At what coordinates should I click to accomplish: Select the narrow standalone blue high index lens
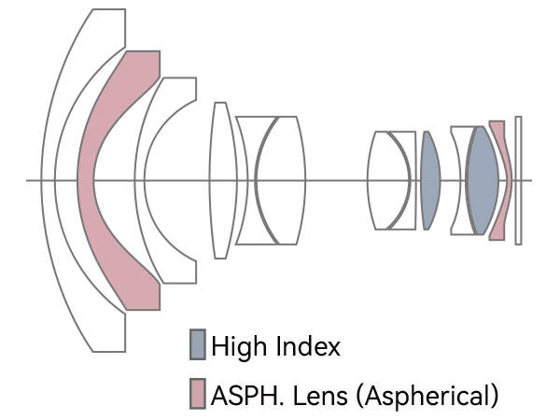tap(429, 179)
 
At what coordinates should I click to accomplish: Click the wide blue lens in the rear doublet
tap(482, 179)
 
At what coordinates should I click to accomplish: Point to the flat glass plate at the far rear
tap(519, 179)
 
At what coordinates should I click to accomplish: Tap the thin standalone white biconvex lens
tap(220, 179)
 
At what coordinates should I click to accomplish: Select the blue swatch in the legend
tap(198, 345)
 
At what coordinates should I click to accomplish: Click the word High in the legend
tap(237, 347)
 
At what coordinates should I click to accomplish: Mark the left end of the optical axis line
tap(28, 180)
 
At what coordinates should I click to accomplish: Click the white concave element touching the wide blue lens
tap(458, 179)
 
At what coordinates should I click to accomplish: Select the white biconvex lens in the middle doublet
tap(389, 179)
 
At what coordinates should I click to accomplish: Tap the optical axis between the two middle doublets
tap(336, 180)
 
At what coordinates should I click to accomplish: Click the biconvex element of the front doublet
tap(280, 179)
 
